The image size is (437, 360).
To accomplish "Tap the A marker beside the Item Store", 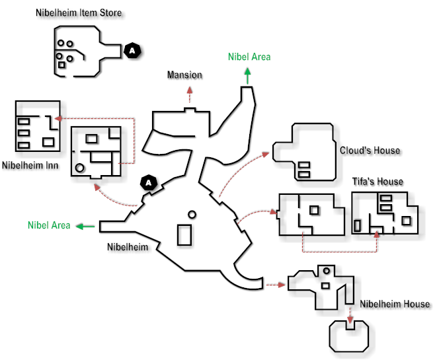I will (x=133, y=50).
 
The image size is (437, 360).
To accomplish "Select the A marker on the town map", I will (x=149, y=182).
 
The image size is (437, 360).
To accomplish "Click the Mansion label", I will (x=184, y=75).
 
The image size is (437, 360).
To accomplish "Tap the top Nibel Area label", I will (x=249, y=57).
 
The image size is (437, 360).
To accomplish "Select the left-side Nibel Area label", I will (x=49, y=225).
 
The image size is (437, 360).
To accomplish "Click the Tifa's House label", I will (x=377, y=182).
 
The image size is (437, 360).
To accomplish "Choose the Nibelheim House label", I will (x=395, y=305).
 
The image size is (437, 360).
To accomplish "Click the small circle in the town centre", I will (x=192, y=214).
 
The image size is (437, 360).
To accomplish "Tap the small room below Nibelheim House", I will (x=349, y=334).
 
